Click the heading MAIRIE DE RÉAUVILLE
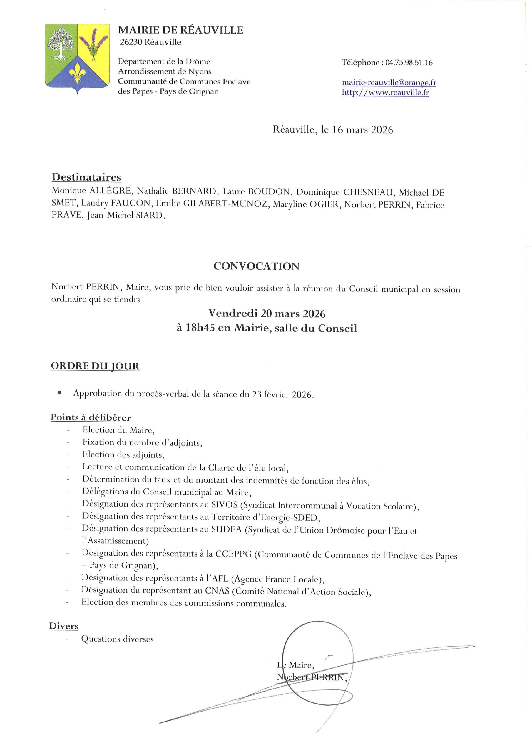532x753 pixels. coord(180,30)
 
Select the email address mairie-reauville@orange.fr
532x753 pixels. coord(389,83)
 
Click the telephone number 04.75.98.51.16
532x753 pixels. coord(409,63)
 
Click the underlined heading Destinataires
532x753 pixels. coord(86,177)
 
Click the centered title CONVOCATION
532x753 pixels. coord(256,266)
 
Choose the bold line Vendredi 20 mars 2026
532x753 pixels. coord(267,314)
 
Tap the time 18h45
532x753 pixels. coord(200,328)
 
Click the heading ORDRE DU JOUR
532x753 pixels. coord(95,366)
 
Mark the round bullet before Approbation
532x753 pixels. coord(59,393)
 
